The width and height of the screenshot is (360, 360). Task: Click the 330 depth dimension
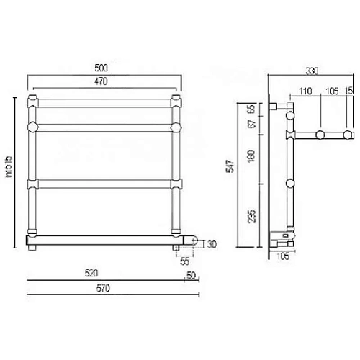(311, 71)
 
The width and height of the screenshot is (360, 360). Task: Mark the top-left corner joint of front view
(32, 98)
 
